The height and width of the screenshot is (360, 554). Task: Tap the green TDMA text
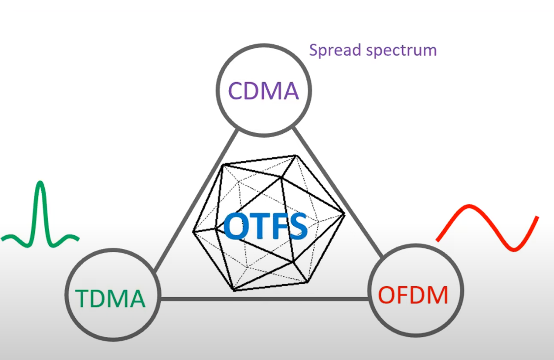tap(110, 298)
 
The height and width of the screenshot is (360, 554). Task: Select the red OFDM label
tap(413, 295)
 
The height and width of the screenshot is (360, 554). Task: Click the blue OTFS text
tap(266, 226)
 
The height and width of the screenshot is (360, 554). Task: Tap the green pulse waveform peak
tap(41, 184)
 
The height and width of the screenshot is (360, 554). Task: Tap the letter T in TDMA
tap(82, 298)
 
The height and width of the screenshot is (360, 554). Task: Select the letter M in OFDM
tap(436, 295)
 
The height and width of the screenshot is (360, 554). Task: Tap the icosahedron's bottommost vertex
tap(233, 290)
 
